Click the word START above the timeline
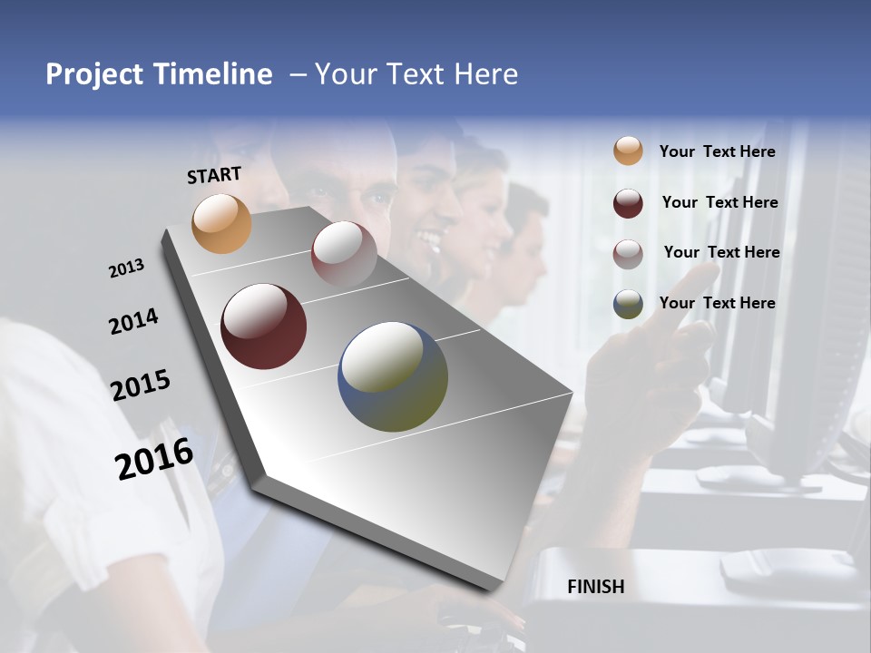214,174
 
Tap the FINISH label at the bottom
595,587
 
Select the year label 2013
126,268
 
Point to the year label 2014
133,322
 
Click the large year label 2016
154,459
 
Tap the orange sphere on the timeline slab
221,223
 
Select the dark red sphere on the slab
263,326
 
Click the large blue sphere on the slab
392,376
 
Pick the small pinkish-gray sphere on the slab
344,254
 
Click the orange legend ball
628,151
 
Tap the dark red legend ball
628,203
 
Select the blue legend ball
628,304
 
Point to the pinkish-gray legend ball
628,254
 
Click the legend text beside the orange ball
717,151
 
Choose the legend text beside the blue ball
717,303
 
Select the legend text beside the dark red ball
719,202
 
